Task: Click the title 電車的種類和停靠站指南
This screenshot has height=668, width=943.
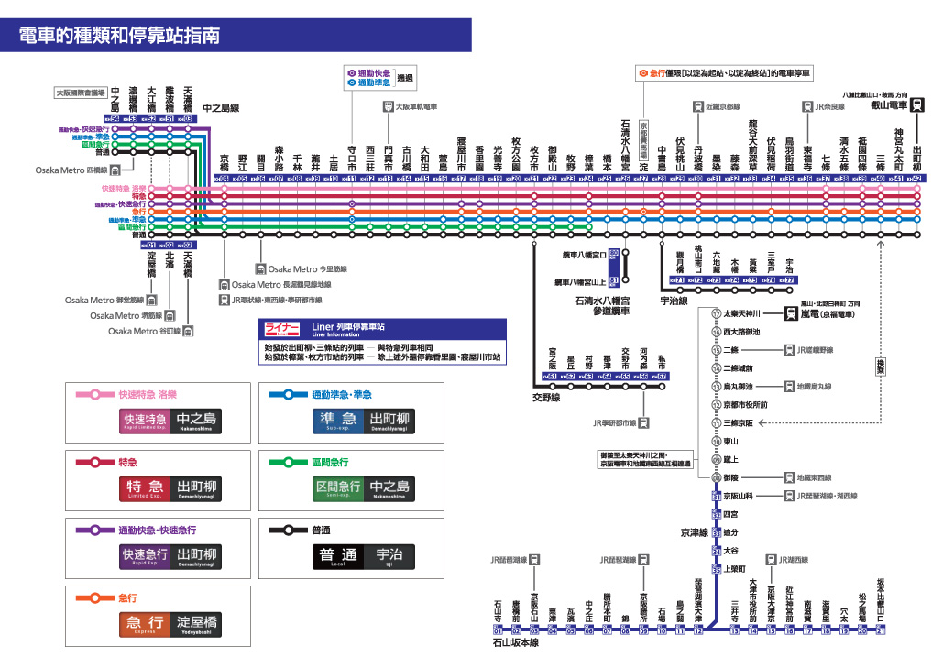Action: click(x=120, y=36)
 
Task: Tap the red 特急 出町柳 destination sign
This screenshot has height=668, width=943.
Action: click(x=172, y=487)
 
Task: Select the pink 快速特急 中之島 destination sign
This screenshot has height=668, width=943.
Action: click(x=172, y=421)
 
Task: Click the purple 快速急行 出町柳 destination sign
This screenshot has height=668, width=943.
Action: click(x=172, y=555)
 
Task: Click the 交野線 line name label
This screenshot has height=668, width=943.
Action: click(x=546, y=398)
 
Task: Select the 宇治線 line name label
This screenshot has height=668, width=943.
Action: click(x=674, y=300)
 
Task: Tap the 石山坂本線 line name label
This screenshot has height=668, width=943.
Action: click(x=514, y=643)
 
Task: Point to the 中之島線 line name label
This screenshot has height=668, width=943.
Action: click(x=221, y=107)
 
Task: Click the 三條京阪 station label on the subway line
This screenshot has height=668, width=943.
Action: click(x=739, y=422)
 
